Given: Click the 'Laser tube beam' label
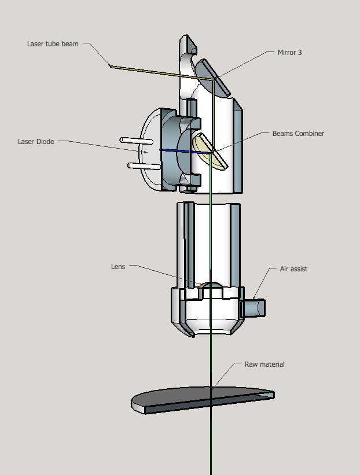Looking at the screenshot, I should tap(53, 44).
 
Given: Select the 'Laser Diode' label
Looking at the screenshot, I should tap(36, 141).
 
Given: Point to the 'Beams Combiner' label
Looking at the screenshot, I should tap(298, 134).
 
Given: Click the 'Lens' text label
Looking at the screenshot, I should tap(117, 267).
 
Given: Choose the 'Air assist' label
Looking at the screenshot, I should tap(293, 269).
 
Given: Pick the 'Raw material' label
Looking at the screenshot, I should tap(265, 364).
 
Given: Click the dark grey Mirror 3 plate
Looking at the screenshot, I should tap(211, 75).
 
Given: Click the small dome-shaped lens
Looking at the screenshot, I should tap(212, 286).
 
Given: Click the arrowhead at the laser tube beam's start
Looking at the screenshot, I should tap(111, 66).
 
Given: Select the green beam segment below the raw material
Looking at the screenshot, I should tap(211, 445).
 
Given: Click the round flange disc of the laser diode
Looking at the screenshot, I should tap(148, 152).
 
